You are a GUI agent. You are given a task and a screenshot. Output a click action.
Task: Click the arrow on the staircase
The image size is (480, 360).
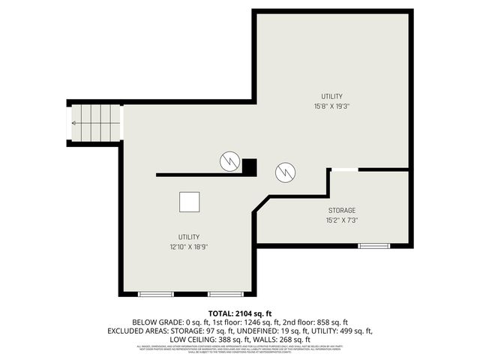[76, 123]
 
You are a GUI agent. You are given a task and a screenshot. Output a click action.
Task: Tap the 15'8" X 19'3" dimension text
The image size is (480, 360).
[332, 106]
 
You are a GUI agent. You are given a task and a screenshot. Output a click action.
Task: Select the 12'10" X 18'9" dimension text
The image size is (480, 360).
[189, 247]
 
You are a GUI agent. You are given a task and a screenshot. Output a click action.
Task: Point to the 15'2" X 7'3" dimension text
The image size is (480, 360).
[341, 220]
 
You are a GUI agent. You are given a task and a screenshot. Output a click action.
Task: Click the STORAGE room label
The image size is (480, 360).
[341, 210]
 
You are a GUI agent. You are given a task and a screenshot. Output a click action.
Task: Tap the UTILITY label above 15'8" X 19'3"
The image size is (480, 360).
[332, 96]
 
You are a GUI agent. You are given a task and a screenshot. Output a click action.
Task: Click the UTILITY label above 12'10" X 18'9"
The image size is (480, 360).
[189, 236]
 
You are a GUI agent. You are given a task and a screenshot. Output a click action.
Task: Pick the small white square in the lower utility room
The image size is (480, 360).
[189, 202]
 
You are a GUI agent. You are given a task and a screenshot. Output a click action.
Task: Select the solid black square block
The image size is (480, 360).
[250, 166]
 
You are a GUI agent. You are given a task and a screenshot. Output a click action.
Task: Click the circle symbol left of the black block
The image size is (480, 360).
[229, 160]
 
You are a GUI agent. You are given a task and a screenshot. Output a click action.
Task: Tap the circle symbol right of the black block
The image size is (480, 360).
[284, 172]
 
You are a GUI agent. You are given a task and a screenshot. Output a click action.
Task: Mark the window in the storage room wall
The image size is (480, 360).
[373, 245]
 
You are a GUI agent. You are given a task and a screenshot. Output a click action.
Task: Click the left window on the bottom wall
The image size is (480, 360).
[157, 293]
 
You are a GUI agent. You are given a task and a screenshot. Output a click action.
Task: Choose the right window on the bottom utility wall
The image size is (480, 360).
[225, 293]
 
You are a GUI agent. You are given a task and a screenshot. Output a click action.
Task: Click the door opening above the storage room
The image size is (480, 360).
[344, 170]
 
